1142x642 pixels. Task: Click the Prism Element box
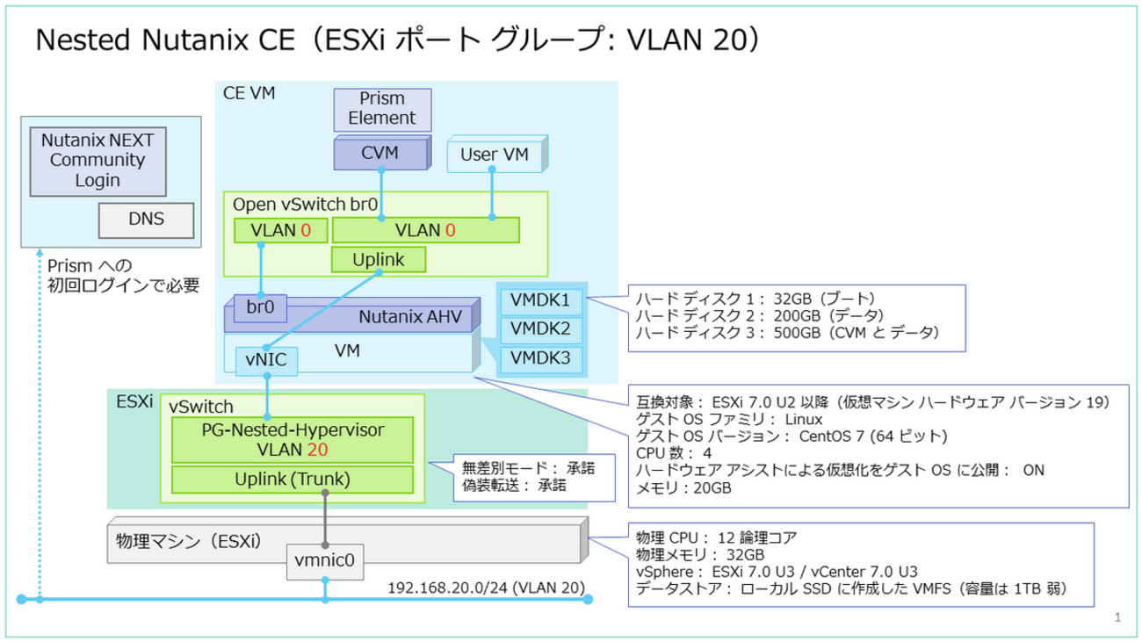pyautogui.click(x=382, y=109)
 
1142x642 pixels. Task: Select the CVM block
pyautogui.click(x=379, y=154)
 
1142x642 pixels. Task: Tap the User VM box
pyautogui.click(x=495, y=155)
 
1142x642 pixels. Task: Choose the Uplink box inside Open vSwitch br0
pyautogui.click(x=378, y=260)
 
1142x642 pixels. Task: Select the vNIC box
pyautogui.click(x=267, y=360)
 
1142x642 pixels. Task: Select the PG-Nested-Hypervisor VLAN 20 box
pyautogui.click(x=293, y=440)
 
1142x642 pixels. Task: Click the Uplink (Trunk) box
pyautogui.click(x=293, y=480)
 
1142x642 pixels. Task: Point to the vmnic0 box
pyautogui.click(x=325, y=560)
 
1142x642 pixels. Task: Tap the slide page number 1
pyautogui.click(x=1117, y=618)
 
